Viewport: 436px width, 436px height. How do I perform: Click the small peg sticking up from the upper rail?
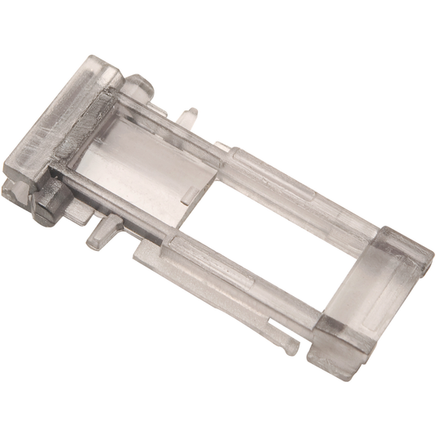click(x=190, y=115)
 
